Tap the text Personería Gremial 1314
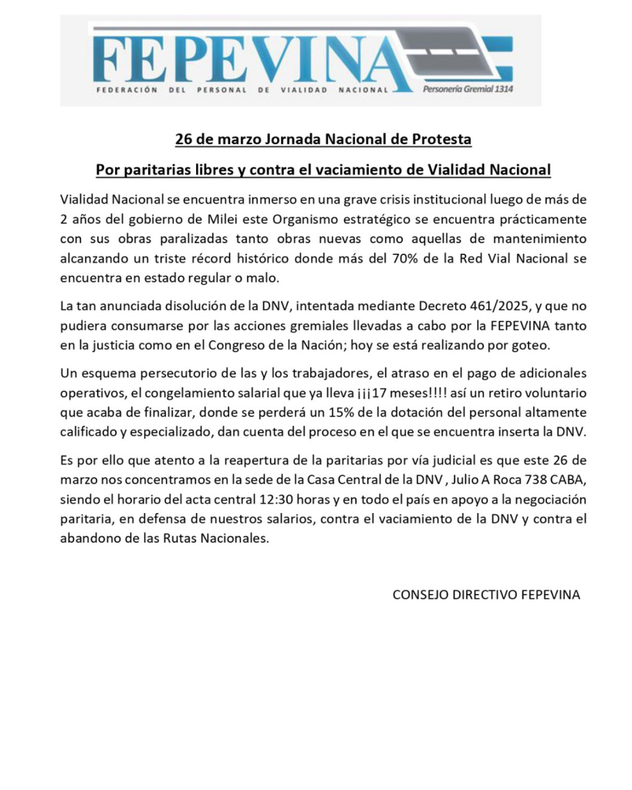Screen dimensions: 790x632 click(x=468, y=89)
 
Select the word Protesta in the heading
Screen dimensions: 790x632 click(x=441, y=140)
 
